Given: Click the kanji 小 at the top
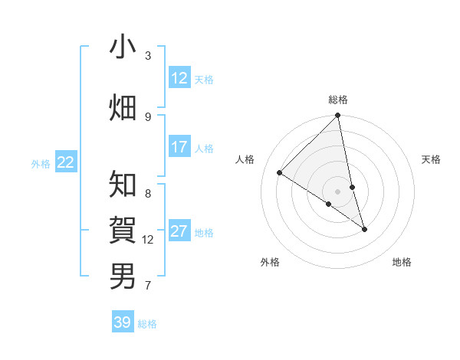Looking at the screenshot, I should (x=123, y=47).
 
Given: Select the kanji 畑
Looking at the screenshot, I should (x=123, y=107).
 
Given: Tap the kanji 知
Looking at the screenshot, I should (x=123, y=185).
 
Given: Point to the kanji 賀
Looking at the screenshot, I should (x=123, y=230).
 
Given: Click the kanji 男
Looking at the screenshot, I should (x=123, y=276).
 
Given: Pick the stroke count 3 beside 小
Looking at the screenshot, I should (x=148, y=55).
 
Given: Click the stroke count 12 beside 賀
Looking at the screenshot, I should (x=148, y=239).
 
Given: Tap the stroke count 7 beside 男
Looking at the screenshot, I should (x=148, y=286).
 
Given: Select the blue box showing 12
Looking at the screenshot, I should (x=179, y=78).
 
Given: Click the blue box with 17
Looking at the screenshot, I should (x=179, y=147).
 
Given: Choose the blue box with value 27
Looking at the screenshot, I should (x=179, y=231).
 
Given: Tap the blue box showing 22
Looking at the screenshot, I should (x=66, y=162).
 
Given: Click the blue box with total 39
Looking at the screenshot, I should (x=123, y=322).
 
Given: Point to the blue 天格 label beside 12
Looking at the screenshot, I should (x=204, y=80).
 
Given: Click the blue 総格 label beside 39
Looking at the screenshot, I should (x=147, y=324).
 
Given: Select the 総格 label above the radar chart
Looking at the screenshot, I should (x=338, y=100).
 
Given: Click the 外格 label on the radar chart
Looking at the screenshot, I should (x=270, y=263).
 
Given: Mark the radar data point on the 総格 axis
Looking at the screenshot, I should (x=338, y=116).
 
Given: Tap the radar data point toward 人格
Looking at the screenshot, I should (x=280, y=173).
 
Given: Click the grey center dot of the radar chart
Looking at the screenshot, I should (x=338, y=191).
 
